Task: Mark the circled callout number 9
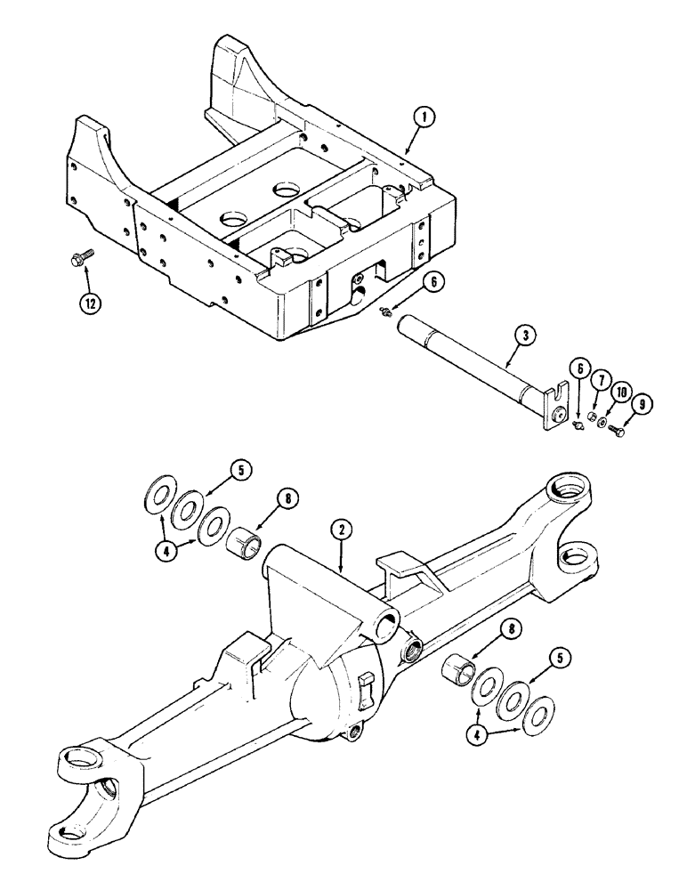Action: point(641,404)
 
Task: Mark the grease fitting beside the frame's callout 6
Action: point(384,310)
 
